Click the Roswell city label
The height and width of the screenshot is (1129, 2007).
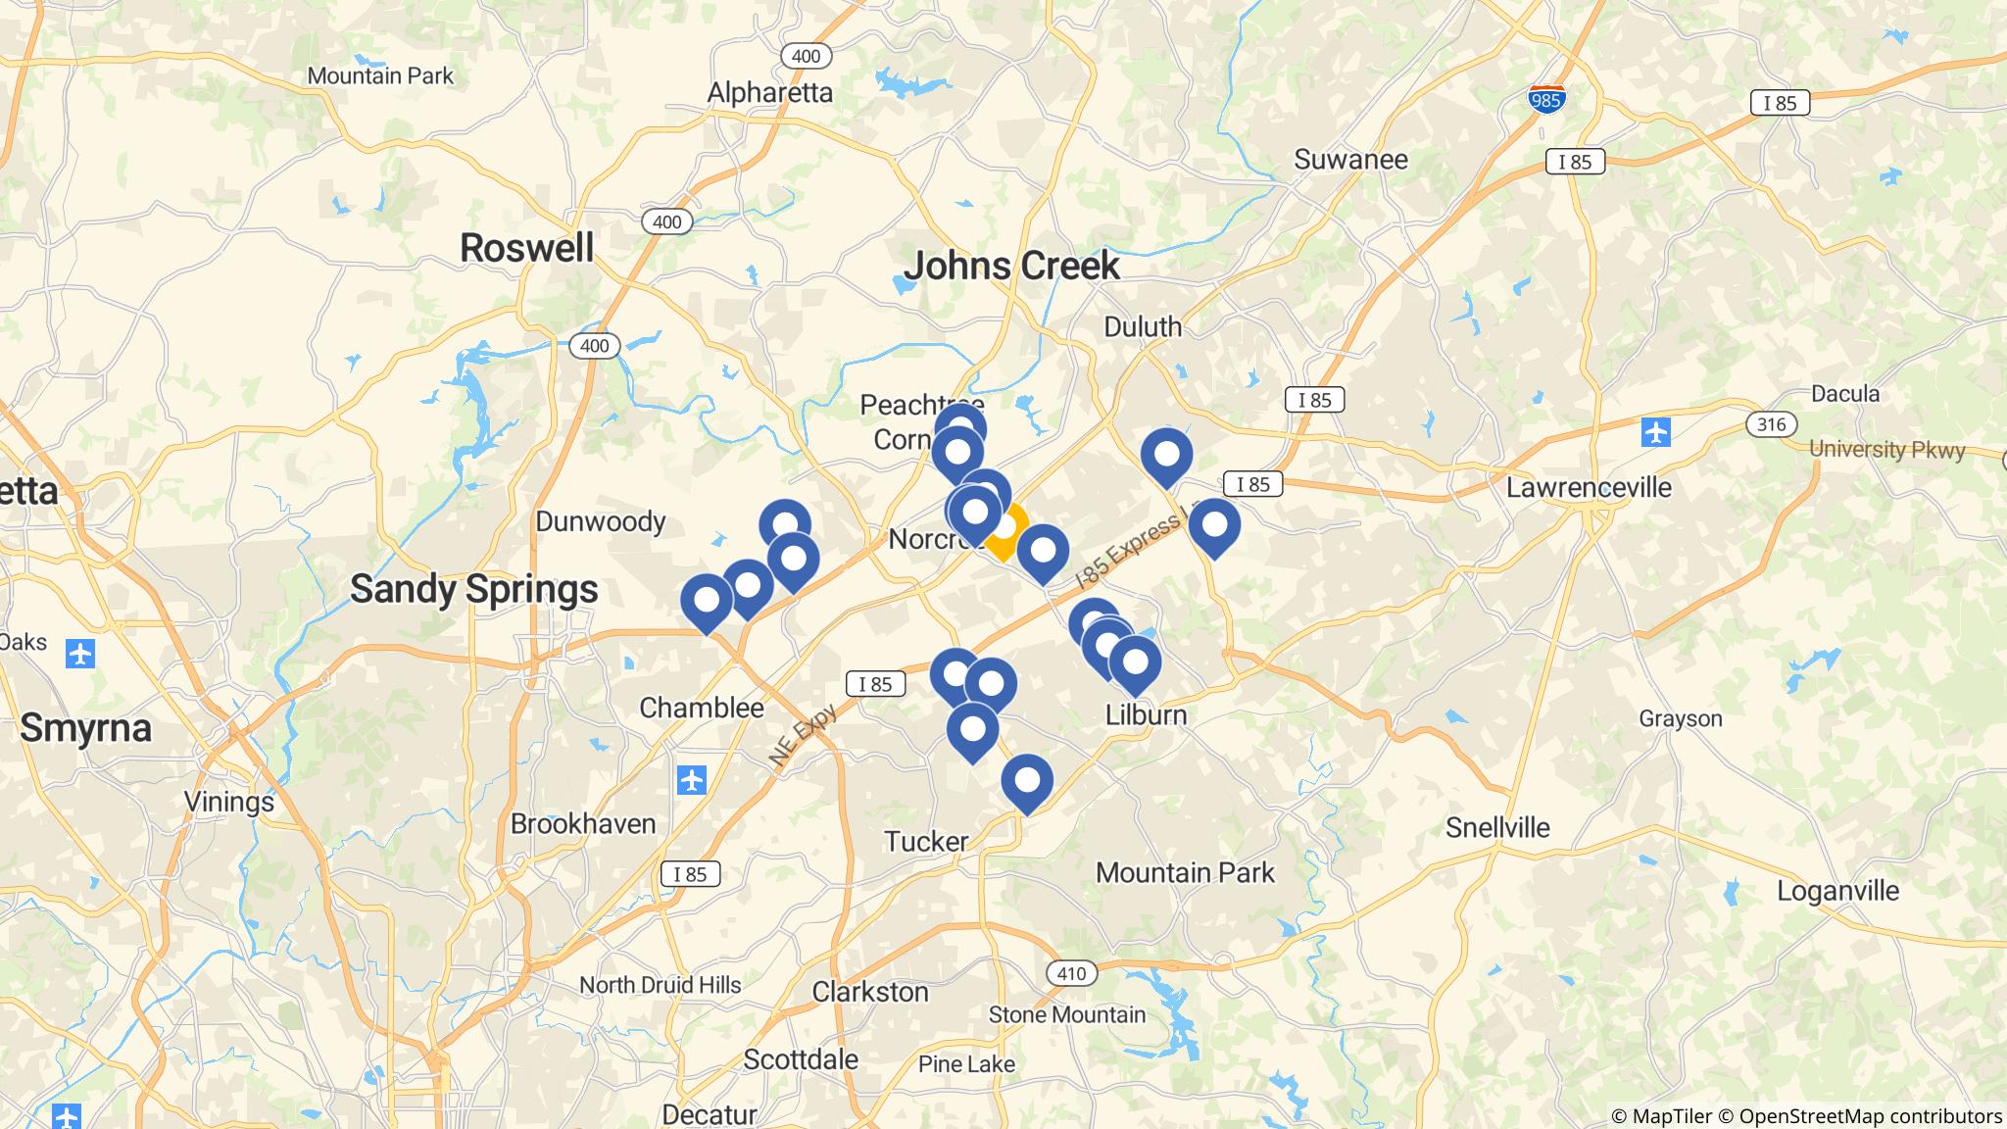coord(526,248)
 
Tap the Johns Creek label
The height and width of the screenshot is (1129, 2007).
coord(1011,266)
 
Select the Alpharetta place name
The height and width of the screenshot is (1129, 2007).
coord(769,93)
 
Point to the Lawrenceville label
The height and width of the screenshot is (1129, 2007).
coord(1589,487)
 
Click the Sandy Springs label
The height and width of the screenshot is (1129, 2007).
coord(473,589)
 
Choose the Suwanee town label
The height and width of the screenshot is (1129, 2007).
coord(1350,159)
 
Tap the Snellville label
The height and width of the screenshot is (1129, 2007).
coord(1496,827)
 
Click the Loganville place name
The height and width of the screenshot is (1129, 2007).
coord(1837,891)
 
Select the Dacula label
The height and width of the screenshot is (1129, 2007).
coord(1845,394)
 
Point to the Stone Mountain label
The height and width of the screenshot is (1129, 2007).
coord(1066,1014)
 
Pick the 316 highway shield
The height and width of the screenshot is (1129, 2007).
coord(1771,424)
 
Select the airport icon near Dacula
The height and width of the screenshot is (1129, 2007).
coord(1655,431)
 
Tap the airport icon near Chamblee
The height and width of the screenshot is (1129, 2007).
coord(692,780)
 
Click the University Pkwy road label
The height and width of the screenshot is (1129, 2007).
coord(1886,450)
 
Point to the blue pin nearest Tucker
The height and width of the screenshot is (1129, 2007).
coord(1026,782)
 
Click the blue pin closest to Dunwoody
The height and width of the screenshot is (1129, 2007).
coord(784,524)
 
